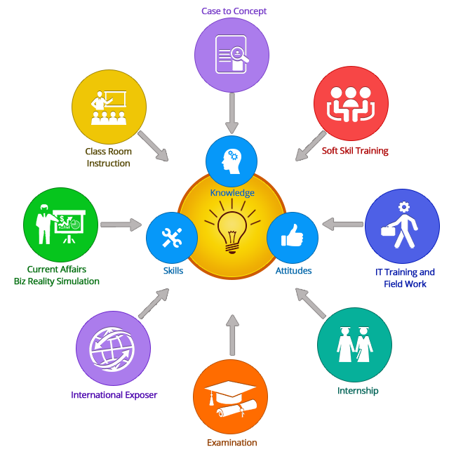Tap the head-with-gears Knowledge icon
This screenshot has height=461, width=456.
point(232,161)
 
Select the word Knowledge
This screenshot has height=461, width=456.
point(232,193)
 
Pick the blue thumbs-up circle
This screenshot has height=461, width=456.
point(293,238)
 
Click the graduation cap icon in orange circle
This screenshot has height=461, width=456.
point(230,396)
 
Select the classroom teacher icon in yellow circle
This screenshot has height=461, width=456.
point(109,107)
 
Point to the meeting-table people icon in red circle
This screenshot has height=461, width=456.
point(351,105)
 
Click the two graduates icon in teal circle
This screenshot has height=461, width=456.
point(354,345)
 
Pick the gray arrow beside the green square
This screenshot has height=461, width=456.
point(121,225)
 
